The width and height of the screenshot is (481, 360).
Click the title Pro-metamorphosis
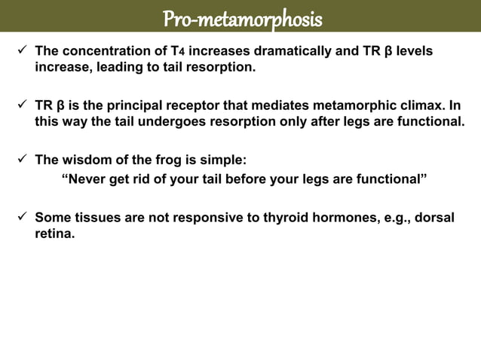[x=241, y=17]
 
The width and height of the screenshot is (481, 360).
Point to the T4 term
[x=178, y=52]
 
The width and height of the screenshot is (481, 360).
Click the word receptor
[x=185, y=105]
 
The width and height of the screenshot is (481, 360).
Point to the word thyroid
[x=283, y=218]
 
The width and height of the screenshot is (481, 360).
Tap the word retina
[x=54, y=233]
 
